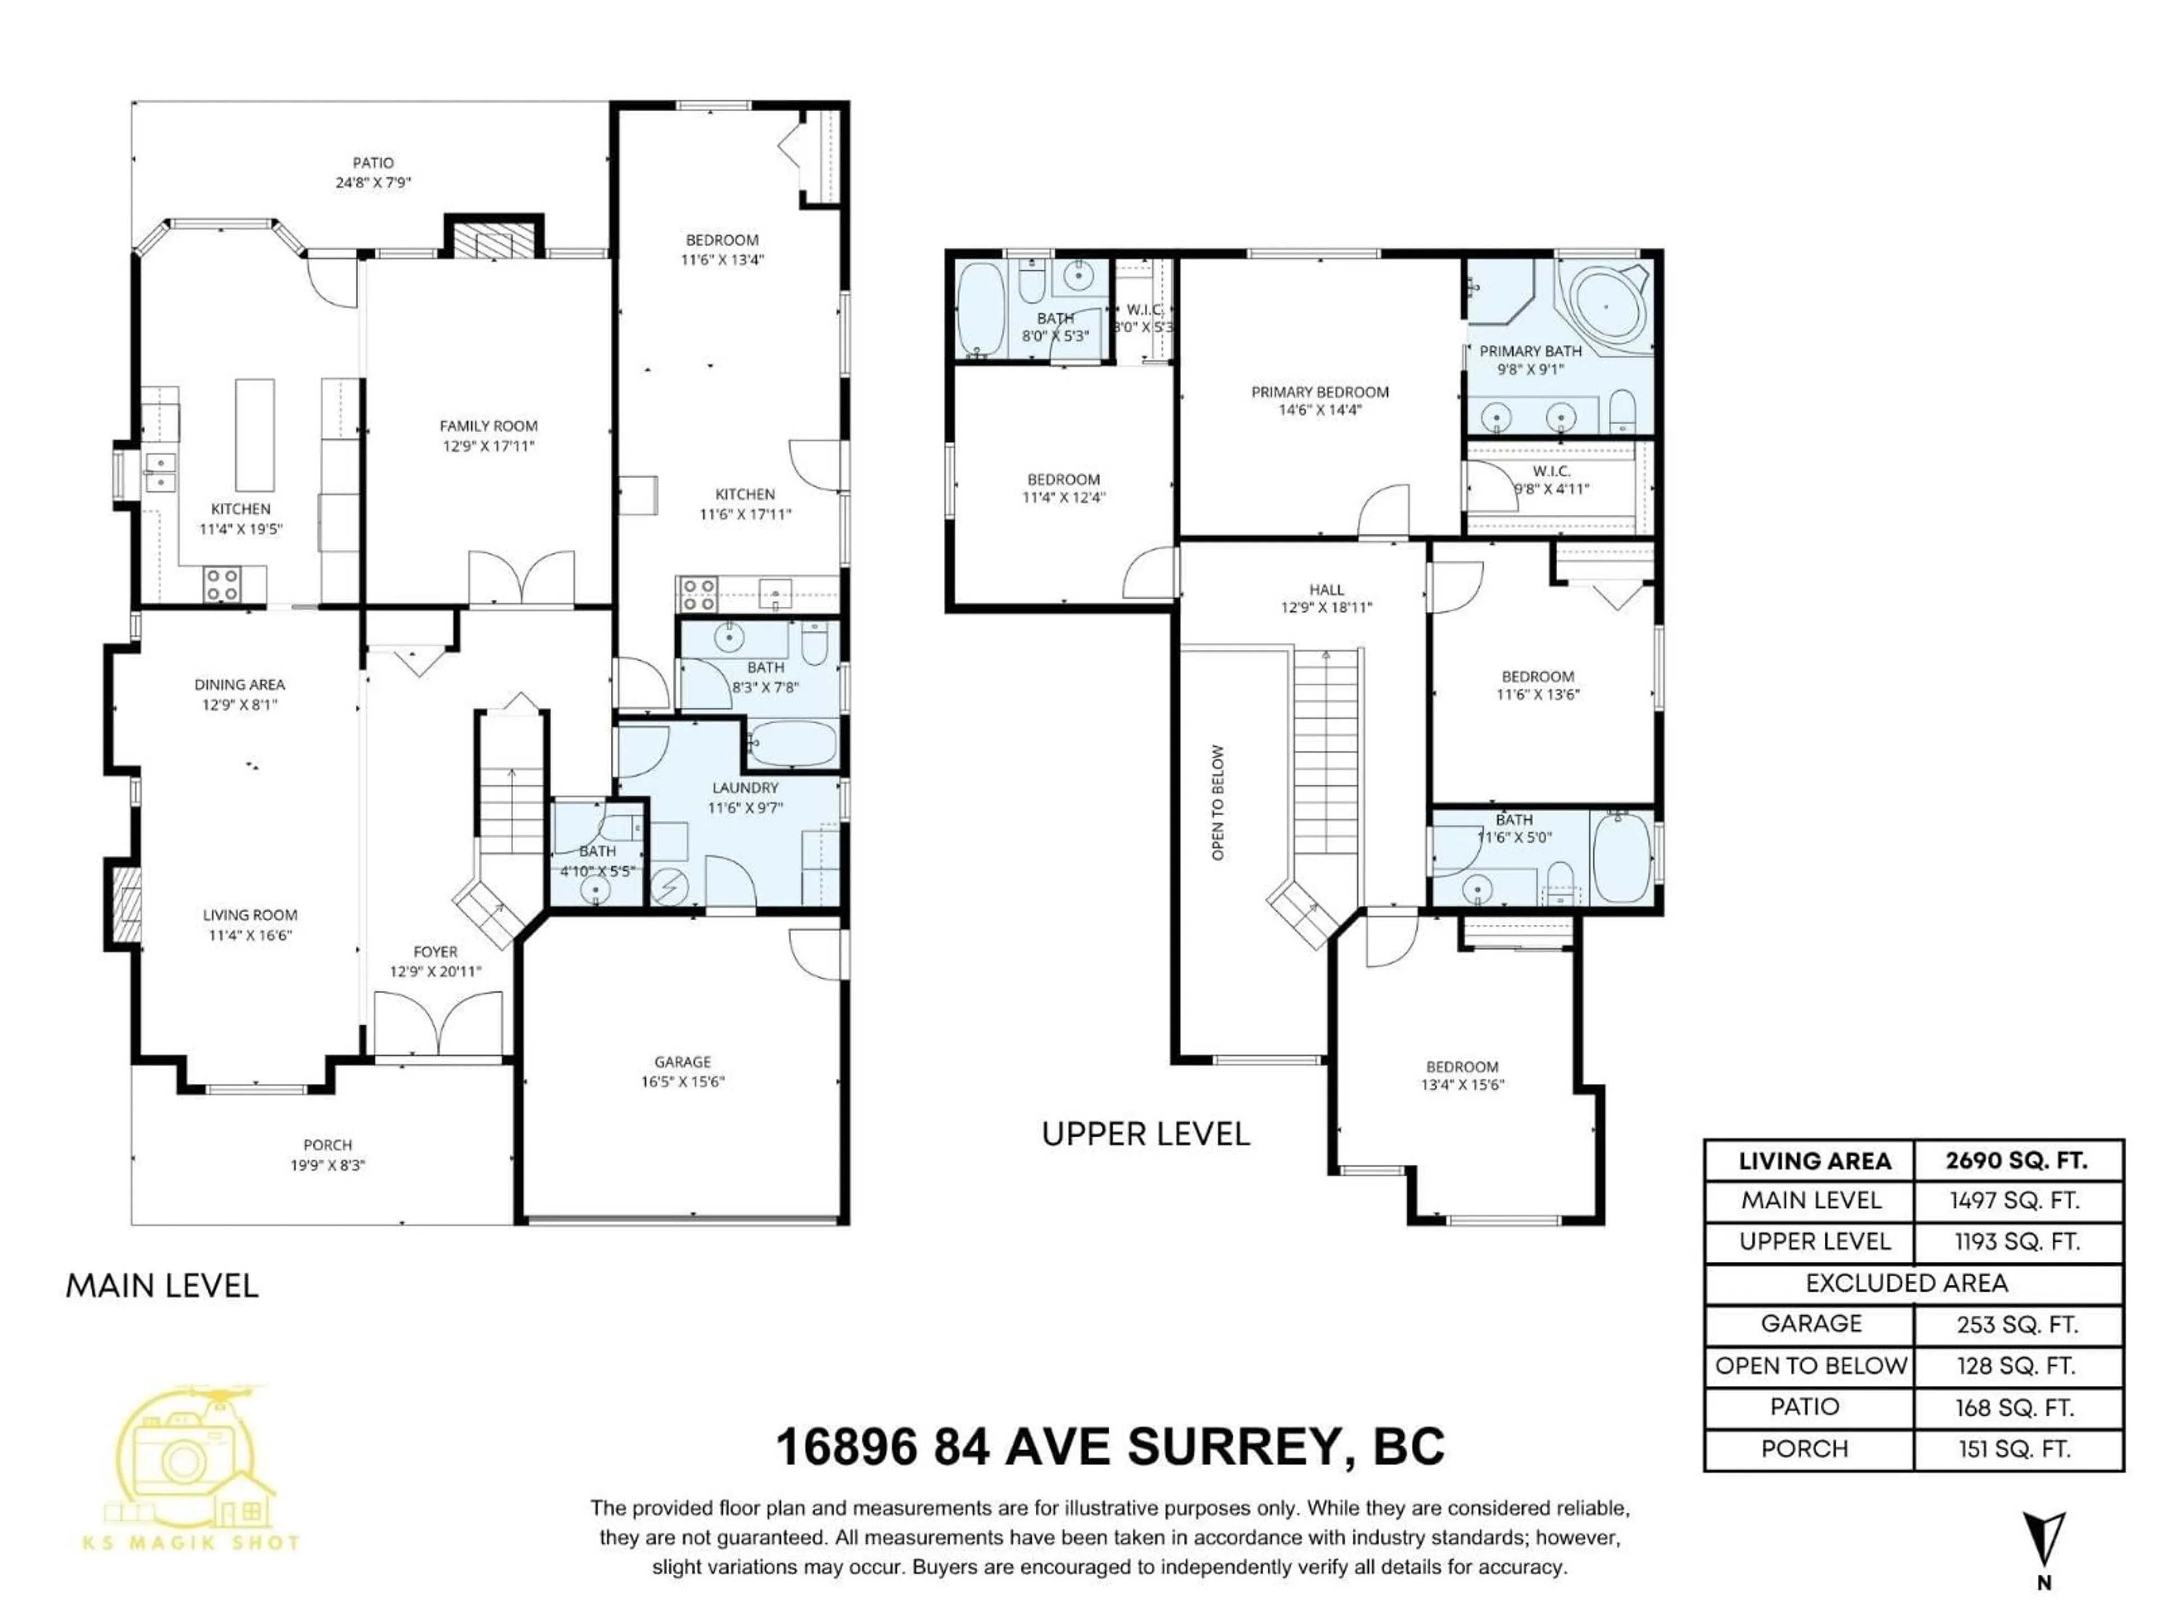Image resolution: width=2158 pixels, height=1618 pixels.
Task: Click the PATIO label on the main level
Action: (373, 163)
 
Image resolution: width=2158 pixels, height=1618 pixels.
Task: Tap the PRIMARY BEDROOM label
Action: (1320, 392)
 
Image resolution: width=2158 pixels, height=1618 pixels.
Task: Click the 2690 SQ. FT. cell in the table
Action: (2016, 1161)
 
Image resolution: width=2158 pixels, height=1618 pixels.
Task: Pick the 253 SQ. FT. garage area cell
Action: (2016, 1324)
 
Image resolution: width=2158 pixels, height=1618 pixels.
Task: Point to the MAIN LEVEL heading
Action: (162, 1285)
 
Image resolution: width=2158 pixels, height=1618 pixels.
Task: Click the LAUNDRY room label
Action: (745, 788)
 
